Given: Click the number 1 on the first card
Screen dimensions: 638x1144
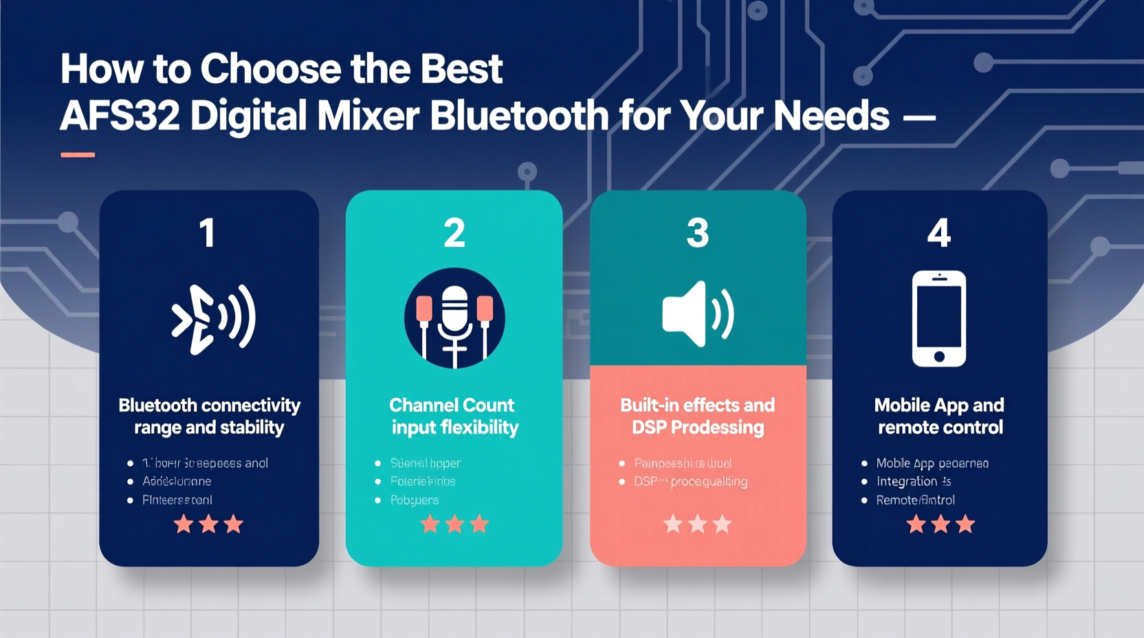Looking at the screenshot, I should [x=208, y=233].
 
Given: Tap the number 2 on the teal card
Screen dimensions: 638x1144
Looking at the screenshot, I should [x=454, y=233].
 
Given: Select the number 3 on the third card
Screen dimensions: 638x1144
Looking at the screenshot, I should [x=697, y=233].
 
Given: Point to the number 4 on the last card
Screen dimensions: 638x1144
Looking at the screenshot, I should [x=939, y=233].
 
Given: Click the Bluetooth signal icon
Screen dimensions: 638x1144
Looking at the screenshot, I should [x=213, y=319].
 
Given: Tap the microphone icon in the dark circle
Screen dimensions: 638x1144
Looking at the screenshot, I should [x=454, y=318].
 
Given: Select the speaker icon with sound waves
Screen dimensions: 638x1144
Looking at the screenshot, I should [x=697, y=313].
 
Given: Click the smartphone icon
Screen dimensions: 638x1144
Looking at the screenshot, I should [x=939, y=318].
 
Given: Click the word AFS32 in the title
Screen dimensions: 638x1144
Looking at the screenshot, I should [x=120, y=115].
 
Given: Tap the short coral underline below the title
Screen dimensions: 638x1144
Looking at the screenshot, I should [x=78, y=155].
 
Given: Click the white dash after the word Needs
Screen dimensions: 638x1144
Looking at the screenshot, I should [x=918, y=118].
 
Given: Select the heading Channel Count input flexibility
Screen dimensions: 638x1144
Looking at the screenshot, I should [x=454, y=416].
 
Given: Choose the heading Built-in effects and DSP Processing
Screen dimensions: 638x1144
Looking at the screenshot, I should [x=697, y=416].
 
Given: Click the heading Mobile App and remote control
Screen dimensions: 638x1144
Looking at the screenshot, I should [x=939, y=416].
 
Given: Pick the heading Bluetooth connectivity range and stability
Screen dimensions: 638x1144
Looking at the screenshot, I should [x=209, y=416].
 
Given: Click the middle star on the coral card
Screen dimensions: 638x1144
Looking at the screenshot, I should [x=697, y=525].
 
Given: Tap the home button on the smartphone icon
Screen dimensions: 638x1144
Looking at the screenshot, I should [x=939, y=356].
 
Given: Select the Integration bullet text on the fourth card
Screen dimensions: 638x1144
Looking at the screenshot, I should [x=907, y=481].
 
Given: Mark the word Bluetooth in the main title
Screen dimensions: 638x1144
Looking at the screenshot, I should [x=519, y=115].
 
